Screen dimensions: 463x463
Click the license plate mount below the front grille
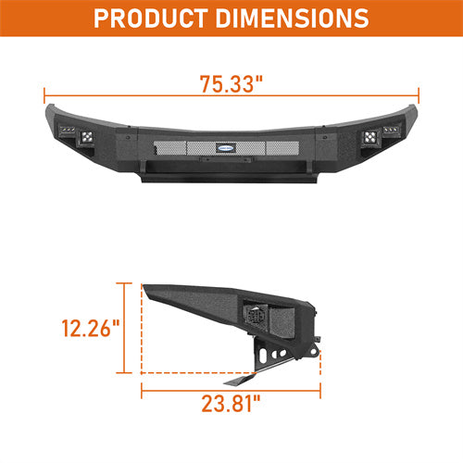[231, 160]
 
